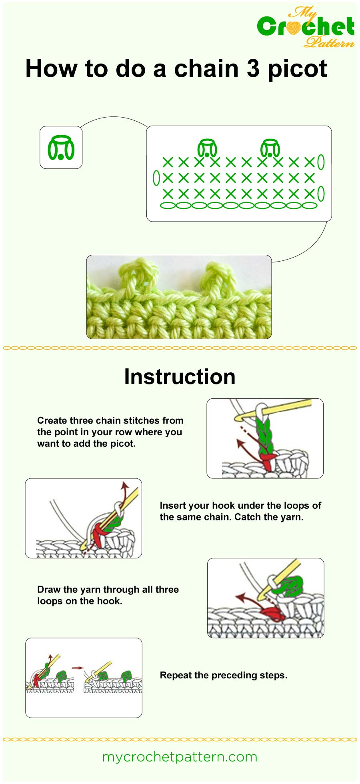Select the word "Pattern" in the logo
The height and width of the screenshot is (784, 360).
[329, 42]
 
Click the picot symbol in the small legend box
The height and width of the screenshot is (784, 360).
[61, 148]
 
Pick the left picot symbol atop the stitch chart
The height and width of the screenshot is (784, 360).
[207, 148]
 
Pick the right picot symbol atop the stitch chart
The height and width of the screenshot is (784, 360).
[270, 148]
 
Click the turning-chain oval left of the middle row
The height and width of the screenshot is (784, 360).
[156, 178]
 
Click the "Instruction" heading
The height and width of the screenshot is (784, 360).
[180, 377]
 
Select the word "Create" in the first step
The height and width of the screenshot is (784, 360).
[52, 420]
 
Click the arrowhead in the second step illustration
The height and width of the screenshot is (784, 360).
[125, 485]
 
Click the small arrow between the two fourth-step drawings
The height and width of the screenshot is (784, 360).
[78, 668]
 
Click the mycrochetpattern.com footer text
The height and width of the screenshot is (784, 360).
[180, 757]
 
